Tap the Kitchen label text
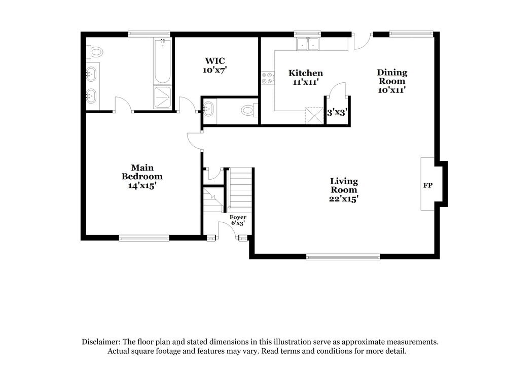(x=305, y=73)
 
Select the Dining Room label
(x=392, y=77)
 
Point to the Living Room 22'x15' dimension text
(x=344, y=198)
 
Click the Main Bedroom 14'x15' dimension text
(x=142, y=186)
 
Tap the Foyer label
(x=238, y=217)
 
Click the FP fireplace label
(x=428, y=185)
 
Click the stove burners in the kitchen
(x=267, y=78)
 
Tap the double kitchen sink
(x=308, y=45)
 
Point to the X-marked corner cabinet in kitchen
(x=314, y=115)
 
